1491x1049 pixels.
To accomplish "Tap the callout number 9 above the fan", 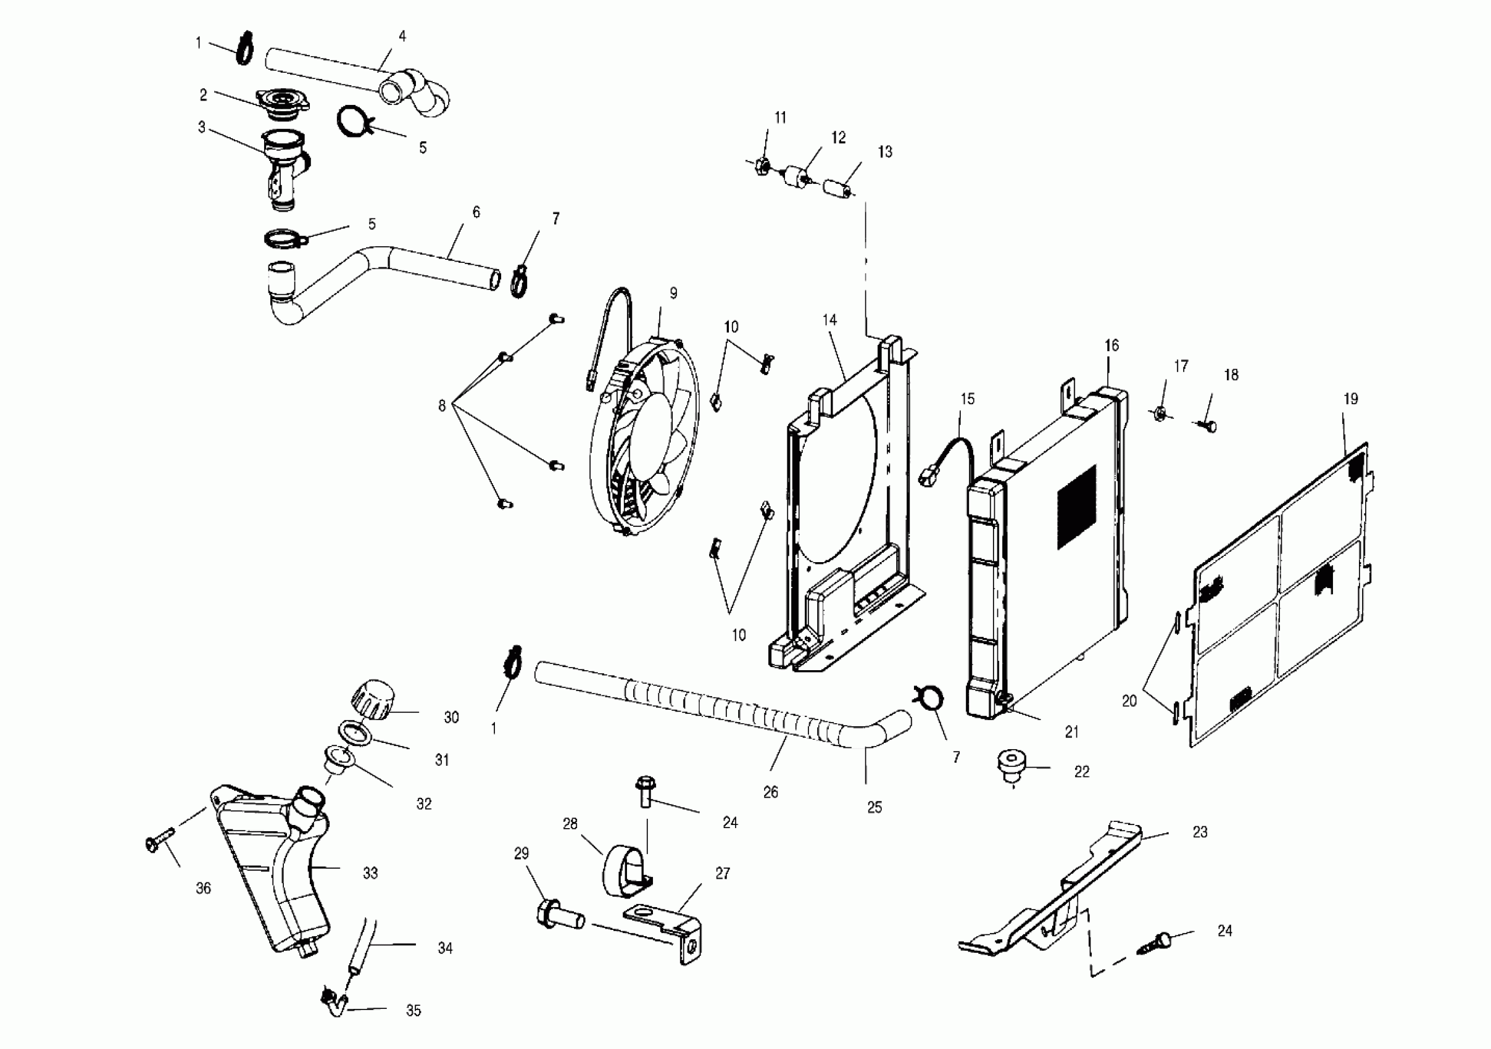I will [673, 293].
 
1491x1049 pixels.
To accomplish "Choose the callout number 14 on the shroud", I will [829, 320].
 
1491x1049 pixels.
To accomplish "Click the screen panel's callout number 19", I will [1351, 399].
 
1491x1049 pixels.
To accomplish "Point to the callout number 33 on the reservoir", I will [370, 873].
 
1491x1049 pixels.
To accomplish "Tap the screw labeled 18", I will [1208, 426].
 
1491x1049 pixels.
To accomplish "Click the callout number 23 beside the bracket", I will [1200, 832].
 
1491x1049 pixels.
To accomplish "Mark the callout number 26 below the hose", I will [770, 792].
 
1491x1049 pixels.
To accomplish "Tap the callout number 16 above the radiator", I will [1111, 346].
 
